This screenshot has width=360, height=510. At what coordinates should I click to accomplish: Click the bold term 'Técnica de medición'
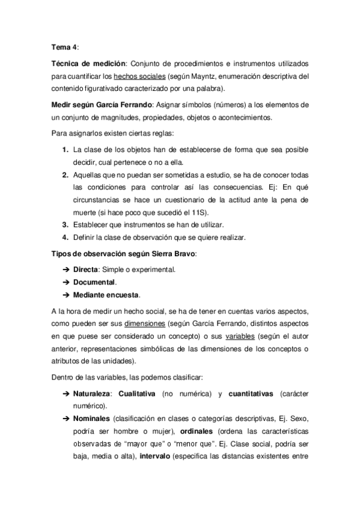point(87,63)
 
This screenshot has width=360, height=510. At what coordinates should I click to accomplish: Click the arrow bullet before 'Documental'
point(65,282)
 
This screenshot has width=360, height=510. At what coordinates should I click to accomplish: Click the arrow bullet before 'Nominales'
point(65,418)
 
